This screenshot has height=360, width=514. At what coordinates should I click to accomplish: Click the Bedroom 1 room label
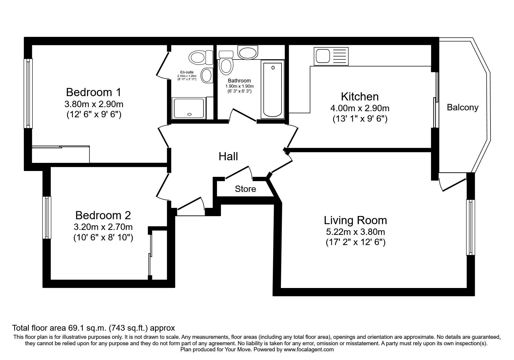93,92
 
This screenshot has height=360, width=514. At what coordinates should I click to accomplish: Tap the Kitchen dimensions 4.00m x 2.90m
360,108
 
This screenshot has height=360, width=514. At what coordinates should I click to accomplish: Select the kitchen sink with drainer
331,56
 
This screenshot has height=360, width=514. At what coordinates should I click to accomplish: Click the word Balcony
462,107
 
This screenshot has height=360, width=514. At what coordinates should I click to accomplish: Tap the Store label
245,189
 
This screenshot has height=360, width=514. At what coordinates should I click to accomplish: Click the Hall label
228,156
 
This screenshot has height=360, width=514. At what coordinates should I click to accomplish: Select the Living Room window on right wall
470,227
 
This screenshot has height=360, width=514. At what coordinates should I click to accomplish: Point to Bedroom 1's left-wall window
28,93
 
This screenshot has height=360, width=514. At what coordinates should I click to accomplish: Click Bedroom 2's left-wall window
47,218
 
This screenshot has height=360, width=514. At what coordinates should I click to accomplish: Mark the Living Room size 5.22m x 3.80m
355,232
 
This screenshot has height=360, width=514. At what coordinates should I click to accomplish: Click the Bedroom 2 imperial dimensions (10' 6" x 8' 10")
103,238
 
